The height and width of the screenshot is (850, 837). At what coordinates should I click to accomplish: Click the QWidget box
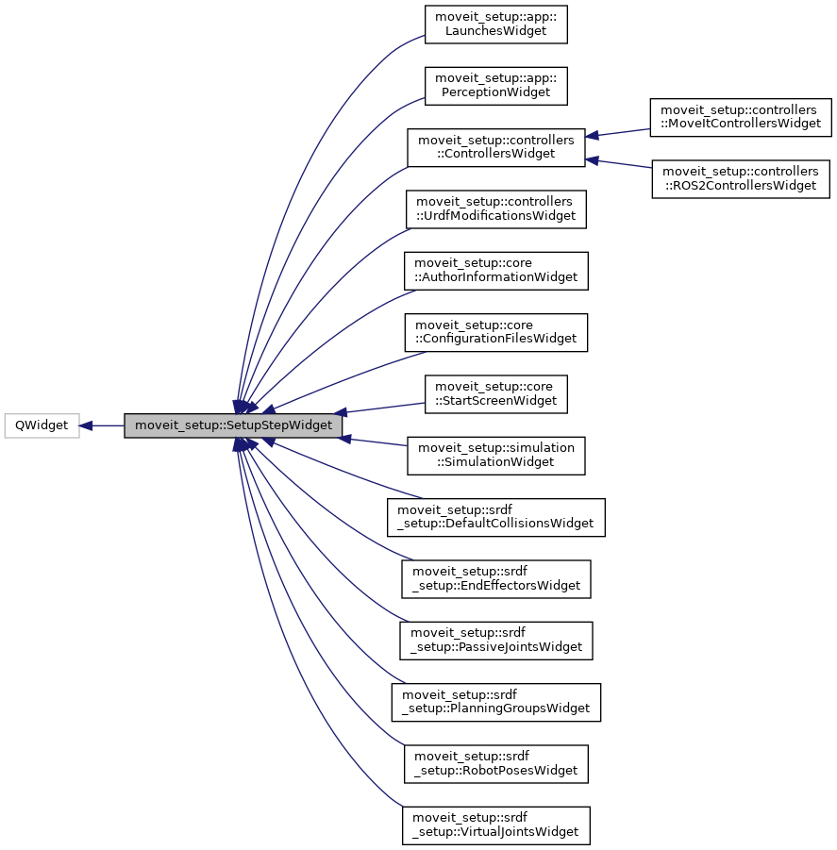[41, 425]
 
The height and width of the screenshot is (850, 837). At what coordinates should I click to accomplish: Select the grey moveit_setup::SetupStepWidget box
[234, 425]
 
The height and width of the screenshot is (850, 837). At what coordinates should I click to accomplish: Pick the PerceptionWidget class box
[495, 86]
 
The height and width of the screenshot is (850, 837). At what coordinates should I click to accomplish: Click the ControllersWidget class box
[495, 147]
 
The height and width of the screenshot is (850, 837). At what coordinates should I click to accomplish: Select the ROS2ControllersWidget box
[741, 178]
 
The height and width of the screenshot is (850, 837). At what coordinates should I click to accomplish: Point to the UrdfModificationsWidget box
[495, 208]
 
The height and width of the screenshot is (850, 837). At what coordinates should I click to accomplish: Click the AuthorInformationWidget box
[495, 271]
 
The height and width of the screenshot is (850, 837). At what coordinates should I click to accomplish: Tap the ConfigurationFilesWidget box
[495, 332]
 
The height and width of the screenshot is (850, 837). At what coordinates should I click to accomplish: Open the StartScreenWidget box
[495, 393]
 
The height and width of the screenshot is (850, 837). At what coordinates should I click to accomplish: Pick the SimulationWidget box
[495, 456]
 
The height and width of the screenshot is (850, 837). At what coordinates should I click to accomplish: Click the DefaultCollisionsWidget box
[495, 517]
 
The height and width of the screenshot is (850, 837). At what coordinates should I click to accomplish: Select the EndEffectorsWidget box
[495, 579]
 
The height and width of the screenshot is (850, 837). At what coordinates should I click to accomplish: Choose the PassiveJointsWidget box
[495, 641]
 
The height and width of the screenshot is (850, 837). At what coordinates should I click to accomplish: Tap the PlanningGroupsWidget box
[495, 702]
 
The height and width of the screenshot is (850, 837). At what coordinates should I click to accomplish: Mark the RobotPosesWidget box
[495, 764]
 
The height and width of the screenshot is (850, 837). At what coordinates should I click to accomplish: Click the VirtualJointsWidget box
[495, 825]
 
